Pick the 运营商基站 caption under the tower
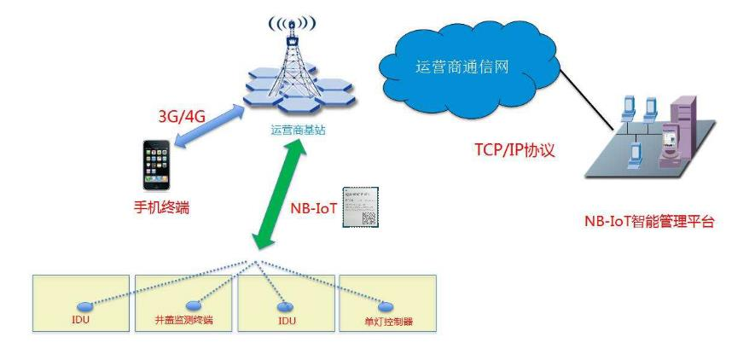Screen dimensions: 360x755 tap(298, 130)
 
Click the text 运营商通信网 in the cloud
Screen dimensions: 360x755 tap(462, 67)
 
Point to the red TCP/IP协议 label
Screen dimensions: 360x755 tap(514, 151)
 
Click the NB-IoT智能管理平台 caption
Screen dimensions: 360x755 tap(648, 223)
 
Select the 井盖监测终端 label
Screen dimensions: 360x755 tap(183, 322)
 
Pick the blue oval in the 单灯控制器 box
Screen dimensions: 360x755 tap(386, 306)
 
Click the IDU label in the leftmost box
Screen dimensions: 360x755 tap(81, 321)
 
